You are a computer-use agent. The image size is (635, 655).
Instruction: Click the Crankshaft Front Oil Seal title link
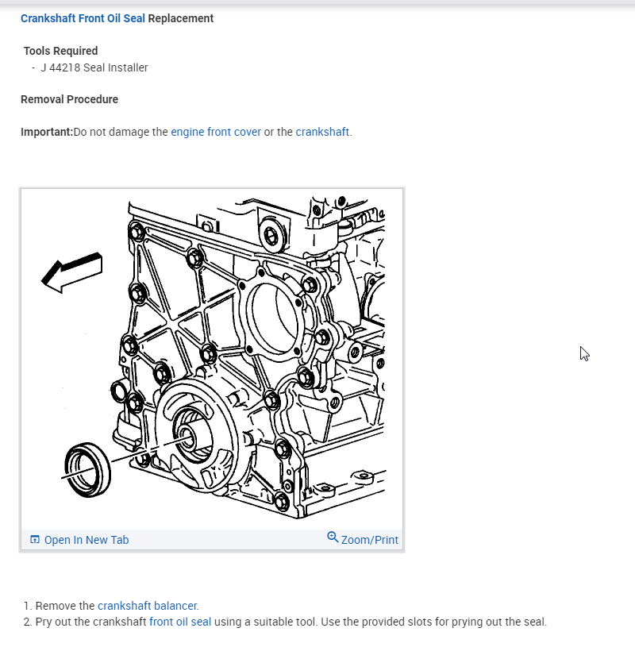[x=83, y=18]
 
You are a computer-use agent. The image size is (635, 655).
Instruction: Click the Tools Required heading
[x=60, y=51]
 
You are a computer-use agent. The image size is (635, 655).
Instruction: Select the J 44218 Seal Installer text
[x=94, y=67]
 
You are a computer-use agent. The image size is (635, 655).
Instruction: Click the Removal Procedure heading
[x=69, y=99]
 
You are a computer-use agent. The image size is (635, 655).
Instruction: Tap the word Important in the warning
[x=46, y=132]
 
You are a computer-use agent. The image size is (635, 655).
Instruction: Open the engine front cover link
[x=216, y=132]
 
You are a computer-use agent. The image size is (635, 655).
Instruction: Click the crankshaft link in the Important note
[x=322, y=132]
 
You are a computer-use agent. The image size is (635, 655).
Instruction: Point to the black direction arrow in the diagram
[x=72, y=272]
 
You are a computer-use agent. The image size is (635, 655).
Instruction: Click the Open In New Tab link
[x=86, y=540]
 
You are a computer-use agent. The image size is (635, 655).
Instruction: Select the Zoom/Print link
[x=369, y=540]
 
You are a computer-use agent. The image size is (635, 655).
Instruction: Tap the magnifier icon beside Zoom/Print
[x=333, y=537]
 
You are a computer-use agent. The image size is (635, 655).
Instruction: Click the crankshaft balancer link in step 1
[x=148, y=606]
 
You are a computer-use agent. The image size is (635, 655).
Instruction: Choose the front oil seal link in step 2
[x=180, y=622]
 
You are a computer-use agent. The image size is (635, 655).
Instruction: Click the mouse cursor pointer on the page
[x=584, y=354]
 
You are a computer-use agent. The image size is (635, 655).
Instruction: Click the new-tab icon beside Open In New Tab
[x=34, y=540]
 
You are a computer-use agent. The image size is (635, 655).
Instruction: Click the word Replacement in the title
[x=181, y=18]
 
